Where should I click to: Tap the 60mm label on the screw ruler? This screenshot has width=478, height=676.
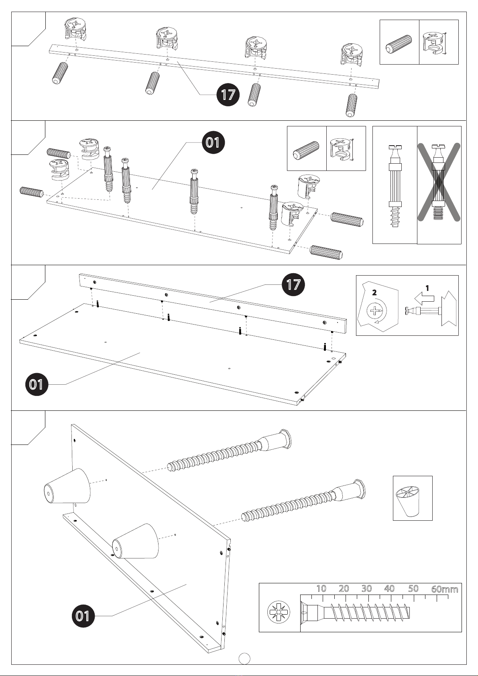[x=444, y=589]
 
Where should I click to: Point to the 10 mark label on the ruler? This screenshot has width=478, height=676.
[x=321, y=589]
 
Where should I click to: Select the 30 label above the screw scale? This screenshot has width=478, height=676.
[x=366, y=589]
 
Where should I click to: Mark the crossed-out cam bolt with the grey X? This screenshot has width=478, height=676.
[x=439, y=182]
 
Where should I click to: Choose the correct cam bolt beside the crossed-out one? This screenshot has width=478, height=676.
[x=395, y=186]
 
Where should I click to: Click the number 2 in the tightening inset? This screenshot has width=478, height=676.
[x=374, y=292]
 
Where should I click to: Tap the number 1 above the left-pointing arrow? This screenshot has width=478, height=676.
[x=427, y=288]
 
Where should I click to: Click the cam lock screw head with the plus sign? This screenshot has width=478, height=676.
[x=374, y=311]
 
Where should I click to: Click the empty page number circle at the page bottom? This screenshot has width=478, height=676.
[x=244, y=658]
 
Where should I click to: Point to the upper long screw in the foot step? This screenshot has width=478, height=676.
[x=230, y=450]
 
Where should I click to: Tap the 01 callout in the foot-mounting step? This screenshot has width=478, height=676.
[x=83, y=616]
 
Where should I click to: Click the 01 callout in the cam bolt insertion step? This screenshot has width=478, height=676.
[x=213, y=142]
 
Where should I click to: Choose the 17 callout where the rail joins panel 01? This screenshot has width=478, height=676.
[x=293, y=284]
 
